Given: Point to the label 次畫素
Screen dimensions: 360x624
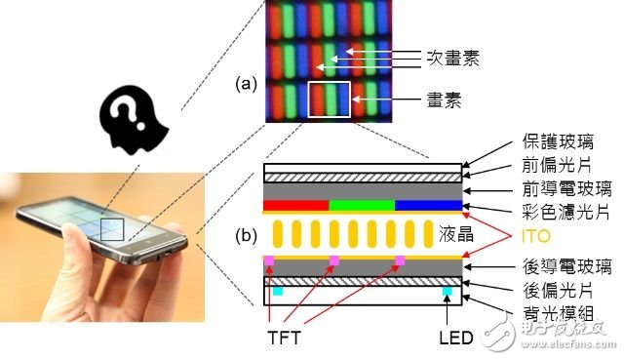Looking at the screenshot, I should [x=444, y=59].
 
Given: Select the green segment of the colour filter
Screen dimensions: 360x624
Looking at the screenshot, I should [x=362, y=206].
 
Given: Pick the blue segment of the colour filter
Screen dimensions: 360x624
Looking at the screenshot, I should [x=428, y=206].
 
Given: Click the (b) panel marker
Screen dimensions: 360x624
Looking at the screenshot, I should [x=246, y=236].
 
